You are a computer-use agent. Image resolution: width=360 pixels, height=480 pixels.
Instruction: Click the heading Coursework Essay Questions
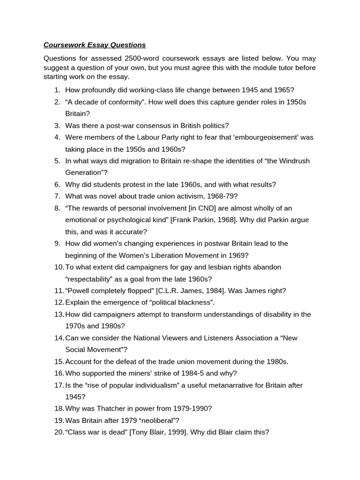[95, 45]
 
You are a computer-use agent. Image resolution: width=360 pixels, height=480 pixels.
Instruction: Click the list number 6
[57, 185]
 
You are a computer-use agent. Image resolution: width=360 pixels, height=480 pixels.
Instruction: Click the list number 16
[59, 374]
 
